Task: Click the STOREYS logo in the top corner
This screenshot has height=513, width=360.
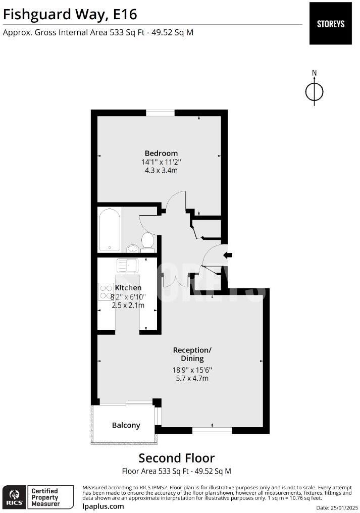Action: pyautogui.click(x=330, y=23)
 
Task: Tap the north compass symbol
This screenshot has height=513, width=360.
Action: pyautogui.click(x=314, y=91)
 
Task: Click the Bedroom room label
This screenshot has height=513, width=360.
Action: pyautogui.click(x=161, y=153)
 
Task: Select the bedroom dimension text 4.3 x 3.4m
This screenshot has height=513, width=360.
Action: pyautogui.click(x=161, y=171)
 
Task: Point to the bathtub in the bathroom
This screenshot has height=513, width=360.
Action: pyautogui.click(x=110, y=230)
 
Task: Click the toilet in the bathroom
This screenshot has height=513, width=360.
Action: pyautogui.click(x=148, y=241)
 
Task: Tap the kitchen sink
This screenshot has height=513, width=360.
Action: pyautogui.click(x=127, y=265)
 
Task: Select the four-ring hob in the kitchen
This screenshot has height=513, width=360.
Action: pyautogui.click(x=107, y=292)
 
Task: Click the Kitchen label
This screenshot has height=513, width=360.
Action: pyautogui.click(x=128, y=287)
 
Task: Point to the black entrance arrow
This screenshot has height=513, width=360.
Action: pyautogui.click(x=228, y=255)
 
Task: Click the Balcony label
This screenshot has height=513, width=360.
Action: pyautogui.click(x=126, y=425)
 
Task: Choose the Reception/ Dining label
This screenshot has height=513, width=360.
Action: pyautogui.click(x=192, y=354)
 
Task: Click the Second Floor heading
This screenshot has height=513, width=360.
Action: pyautogui.click(x=176, y=458)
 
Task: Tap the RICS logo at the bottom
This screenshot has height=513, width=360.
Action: pyautogui.click(x=13, y=497)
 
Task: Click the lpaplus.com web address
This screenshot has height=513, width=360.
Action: pyautogui.click(x=103, y=506)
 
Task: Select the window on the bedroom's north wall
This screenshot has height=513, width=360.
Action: pyautogui.click(x=160, y=113)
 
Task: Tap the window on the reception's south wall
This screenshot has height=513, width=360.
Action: pyautogui.click(x=212, y=430)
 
